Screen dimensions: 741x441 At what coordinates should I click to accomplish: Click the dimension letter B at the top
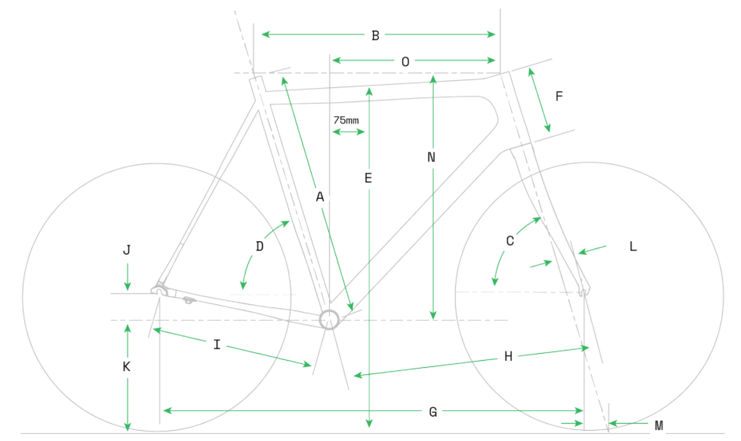coord(375,35)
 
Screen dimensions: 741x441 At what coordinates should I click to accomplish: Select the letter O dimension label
coord(405,62)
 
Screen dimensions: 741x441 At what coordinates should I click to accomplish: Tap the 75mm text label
coord(346,121)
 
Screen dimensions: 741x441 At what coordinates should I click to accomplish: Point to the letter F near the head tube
coord(559,96)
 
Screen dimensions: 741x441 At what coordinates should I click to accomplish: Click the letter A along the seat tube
coord(320,197)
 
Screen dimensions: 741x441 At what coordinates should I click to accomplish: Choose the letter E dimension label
coord(368,178)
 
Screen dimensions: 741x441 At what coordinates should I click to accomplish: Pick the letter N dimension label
coord(431,157)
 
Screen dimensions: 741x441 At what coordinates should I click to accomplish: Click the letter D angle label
coord(260,246)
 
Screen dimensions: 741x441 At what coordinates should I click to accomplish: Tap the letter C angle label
coord(510,241)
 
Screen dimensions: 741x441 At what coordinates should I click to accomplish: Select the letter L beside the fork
coord(633,246)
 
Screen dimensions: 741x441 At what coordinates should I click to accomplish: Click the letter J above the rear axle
coord(127,250)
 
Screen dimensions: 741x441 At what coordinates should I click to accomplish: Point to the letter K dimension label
coord(126,367)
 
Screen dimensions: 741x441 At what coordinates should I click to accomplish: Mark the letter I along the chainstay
coord(217,345)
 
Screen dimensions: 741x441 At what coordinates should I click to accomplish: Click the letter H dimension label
coord(508,356)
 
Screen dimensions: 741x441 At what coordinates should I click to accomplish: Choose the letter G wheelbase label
coord(433,412)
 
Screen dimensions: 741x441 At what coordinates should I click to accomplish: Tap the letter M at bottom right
coord(659,426)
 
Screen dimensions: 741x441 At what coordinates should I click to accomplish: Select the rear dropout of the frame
coord(160,290)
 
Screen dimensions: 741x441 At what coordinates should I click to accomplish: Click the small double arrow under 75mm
coord(348,132)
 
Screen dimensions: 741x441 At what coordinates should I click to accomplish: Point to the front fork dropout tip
coord(584,293)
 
